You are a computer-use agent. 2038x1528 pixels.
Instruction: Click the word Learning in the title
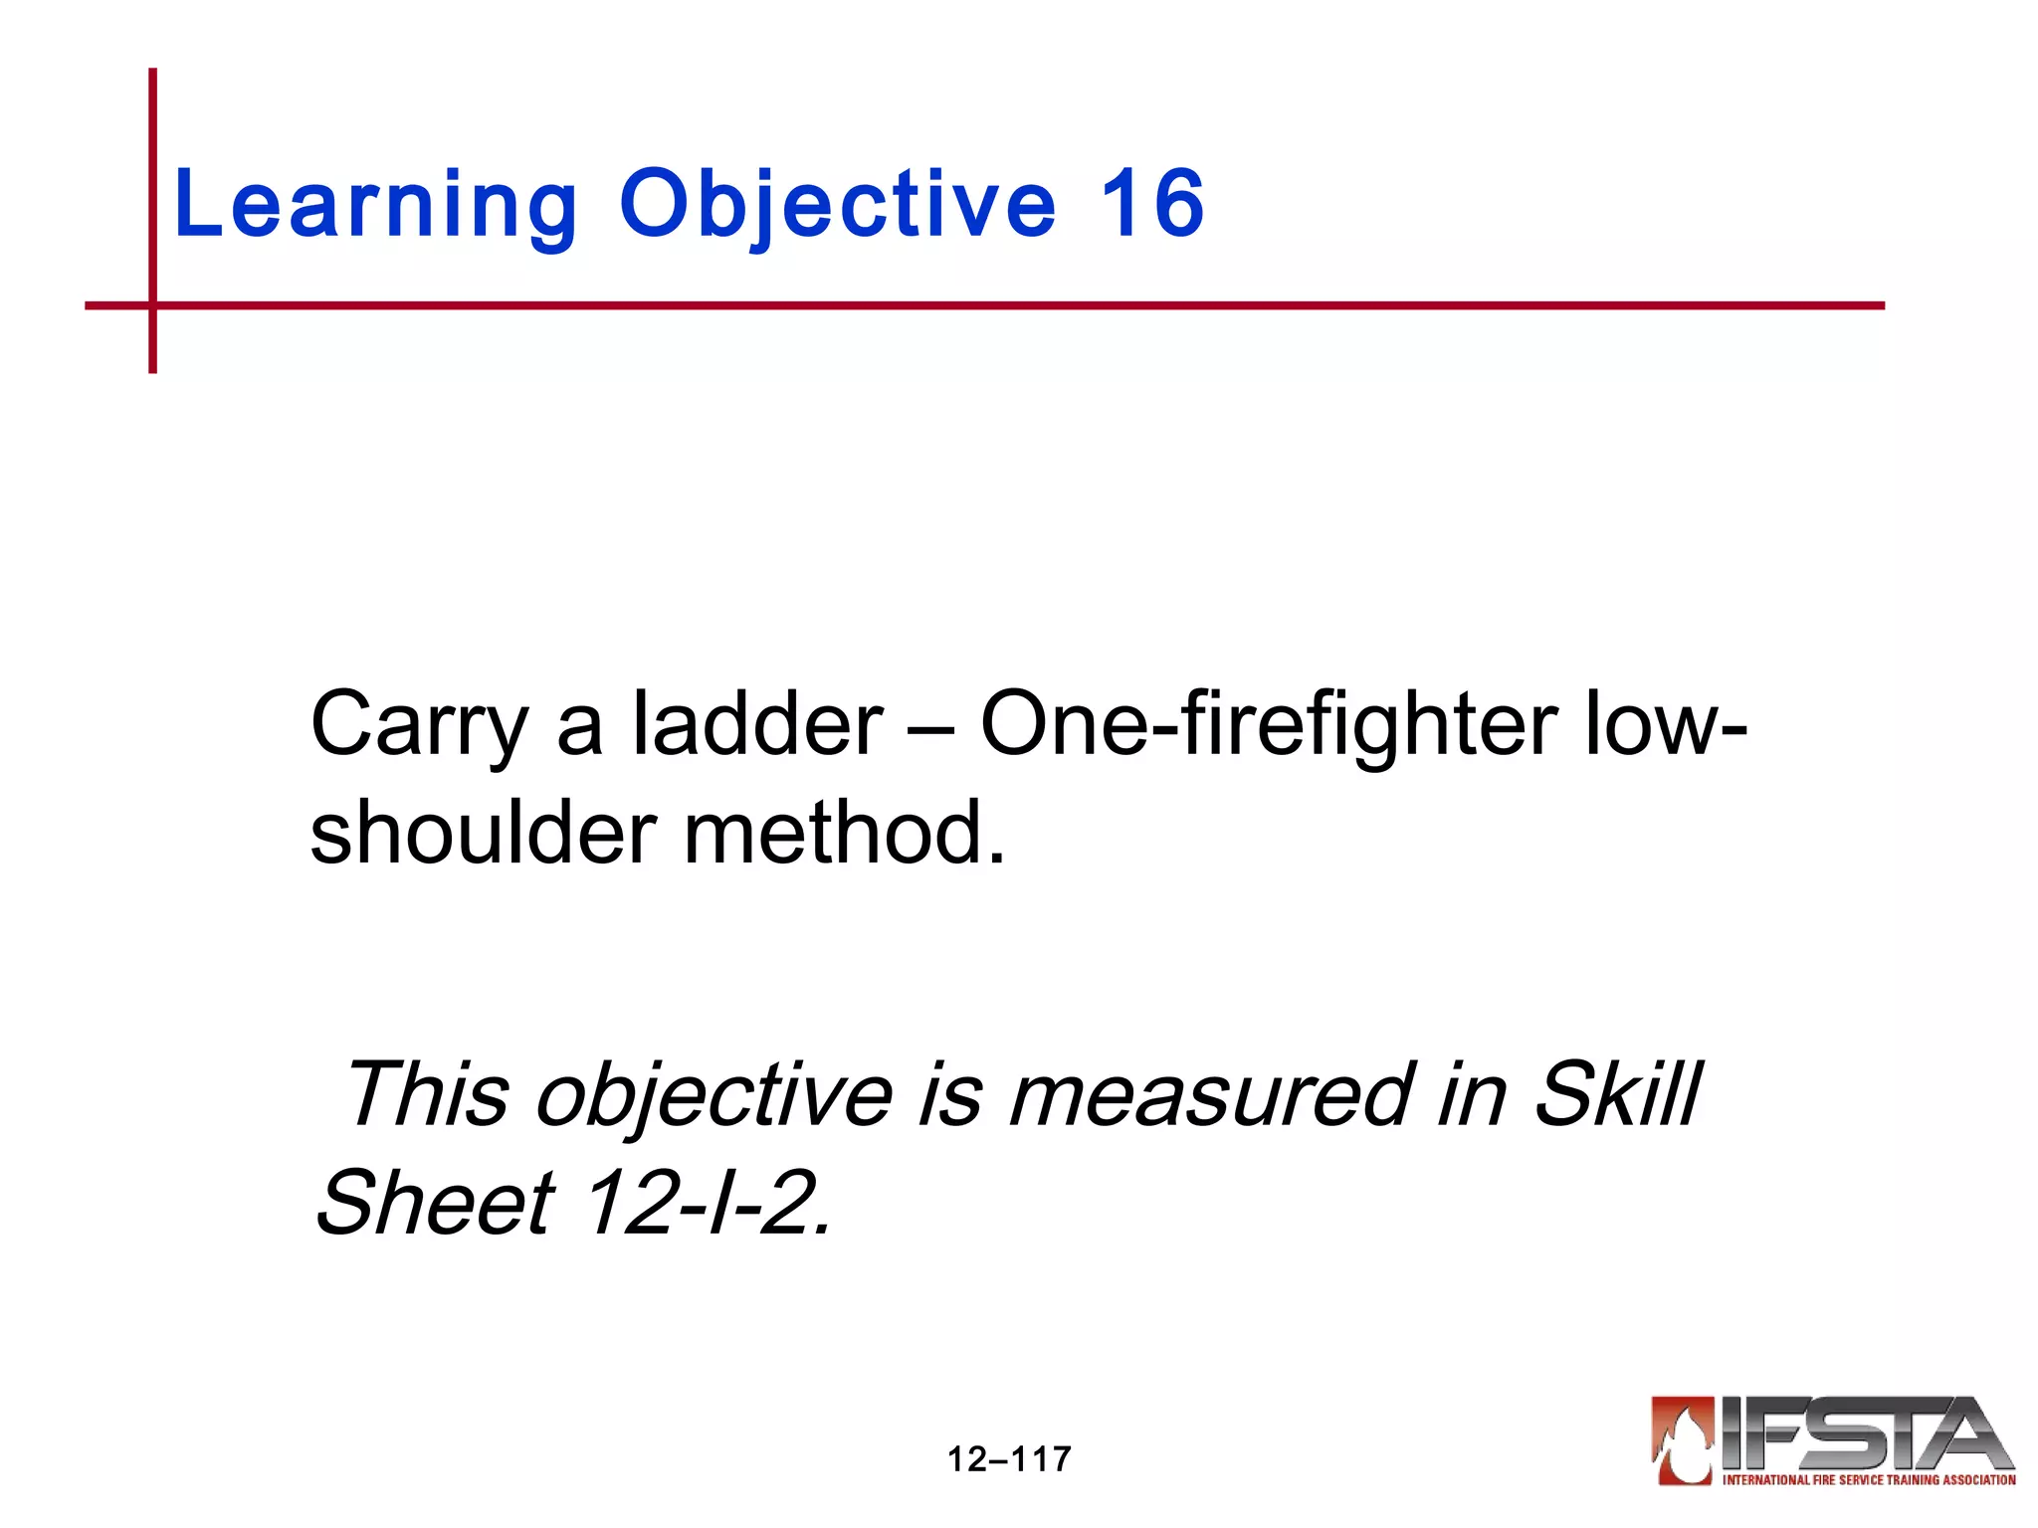[x=375, y=205]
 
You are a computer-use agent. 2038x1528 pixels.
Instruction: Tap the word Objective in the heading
[x=837, y=205]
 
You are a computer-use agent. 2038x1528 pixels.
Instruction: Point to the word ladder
[x=757, y=724]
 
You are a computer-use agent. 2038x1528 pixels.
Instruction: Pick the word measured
[x=1210, y=1094]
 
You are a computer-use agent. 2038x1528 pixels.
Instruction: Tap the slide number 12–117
[x=1009, y=1459]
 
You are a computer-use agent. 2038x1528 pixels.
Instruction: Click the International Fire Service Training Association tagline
[x=1869, y=1480]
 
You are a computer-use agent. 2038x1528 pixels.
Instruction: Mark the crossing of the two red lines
[x=152, y=305]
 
